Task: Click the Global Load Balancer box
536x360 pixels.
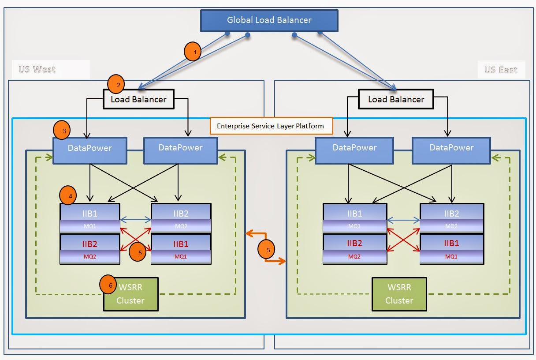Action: (269, 20)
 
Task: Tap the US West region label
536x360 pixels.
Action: (37, 69)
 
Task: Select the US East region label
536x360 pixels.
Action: (500, 70)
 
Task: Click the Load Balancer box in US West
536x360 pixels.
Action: (138, 99)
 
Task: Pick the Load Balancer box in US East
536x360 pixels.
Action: (396, 99)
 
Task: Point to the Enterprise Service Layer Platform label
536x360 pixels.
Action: (270, 126)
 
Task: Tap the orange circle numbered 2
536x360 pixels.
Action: (116, 84)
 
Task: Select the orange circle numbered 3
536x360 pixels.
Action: (62, 130)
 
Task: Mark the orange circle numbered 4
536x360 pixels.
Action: (68, 195)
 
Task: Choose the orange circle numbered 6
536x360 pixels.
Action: (109, 285)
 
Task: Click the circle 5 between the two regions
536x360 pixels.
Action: (267, 249)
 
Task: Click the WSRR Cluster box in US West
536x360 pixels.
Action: (131, 294)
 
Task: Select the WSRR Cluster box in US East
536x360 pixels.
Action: (399, 294)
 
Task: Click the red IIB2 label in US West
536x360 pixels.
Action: (90, 244)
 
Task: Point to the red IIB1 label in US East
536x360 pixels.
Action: (451, 244)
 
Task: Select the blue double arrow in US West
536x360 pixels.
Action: (135, 219)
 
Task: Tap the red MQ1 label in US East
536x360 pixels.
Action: (451, 256)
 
